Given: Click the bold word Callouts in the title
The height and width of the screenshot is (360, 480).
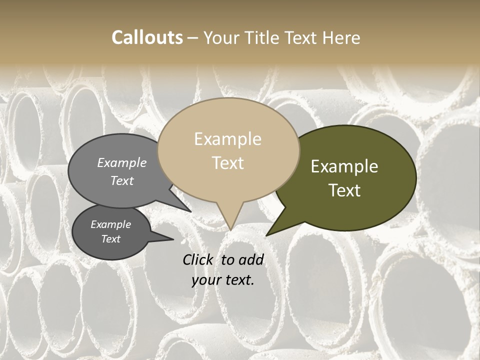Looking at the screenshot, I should [147, 37].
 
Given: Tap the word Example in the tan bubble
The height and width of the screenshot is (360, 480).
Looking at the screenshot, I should [227, 139].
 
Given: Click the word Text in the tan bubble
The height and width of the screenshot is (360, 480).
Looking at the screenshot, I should [228, 163].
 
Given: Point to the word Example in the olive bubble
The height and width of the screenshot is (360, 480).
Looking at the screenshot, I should [344, 166].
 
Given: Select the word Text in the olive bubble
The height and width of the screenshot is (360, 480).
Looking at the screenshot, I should [345, 190].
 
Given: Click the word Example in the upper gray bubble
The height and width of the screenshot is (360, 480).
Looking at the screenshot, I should [122, 162].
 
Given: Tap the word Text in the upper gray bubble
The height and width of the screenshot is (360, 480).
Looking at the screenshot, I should [122, 180].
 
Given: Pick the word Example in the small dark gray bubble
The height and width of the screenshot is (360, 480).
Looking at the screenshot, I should [110, 224].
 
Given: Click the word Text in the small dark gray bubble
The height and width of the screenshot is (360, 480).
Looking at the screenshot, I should [110, 239].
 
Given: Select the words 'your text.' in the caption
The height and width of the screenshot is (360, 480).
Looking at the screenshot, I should [223, 280].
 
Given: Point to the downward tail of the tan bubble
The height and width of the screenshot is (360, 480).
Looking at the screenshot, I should [230, 220].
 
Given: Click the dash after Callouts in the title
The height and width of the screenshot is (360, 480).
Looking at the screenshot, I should [193, 37].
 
